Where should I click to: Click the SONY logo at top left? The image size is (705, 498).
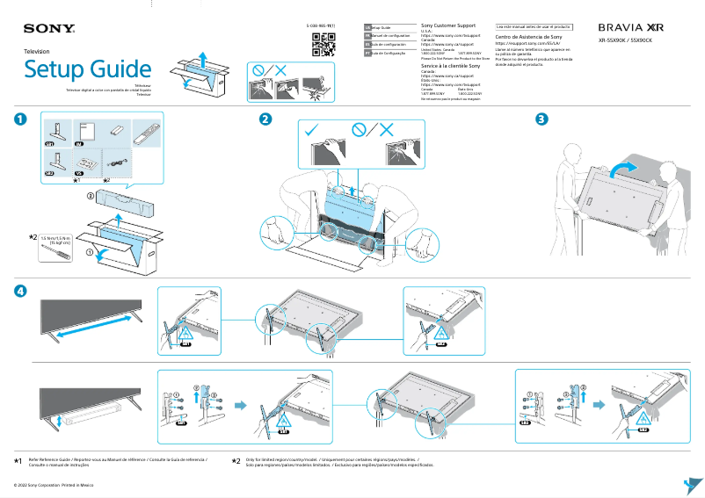[x=49, y=30]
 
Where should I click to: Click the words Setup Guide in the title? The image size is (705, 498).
[x=87, y=69]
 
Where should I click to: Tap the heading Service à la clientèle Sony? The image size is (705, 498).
[x=451, y=67]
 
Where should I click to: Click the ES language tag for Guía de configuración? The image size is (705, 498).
[x=367, y=44]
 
